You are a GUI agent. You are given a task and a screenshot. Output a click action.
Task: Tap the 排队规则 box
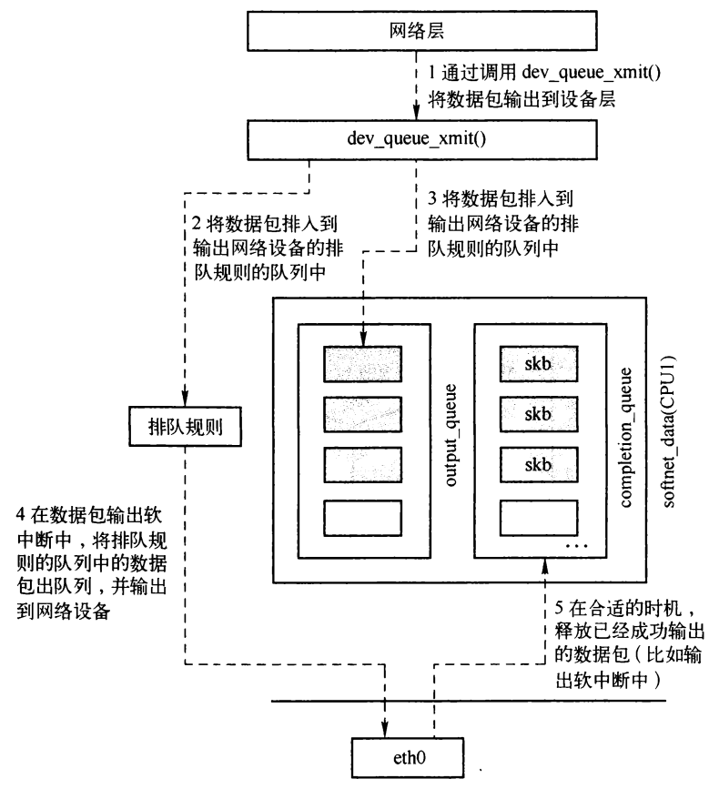[x=186, y=425]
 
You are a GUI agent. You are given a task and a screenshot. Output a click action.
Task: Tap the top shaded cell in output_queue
[x=362, y=364]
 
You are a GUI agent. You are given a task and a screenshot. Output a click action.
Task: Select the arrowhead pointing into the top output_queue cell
[x=362, y=341]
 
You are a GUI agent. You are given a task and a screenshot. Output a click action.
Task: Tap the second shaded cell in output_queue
[x=362, y=415]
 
